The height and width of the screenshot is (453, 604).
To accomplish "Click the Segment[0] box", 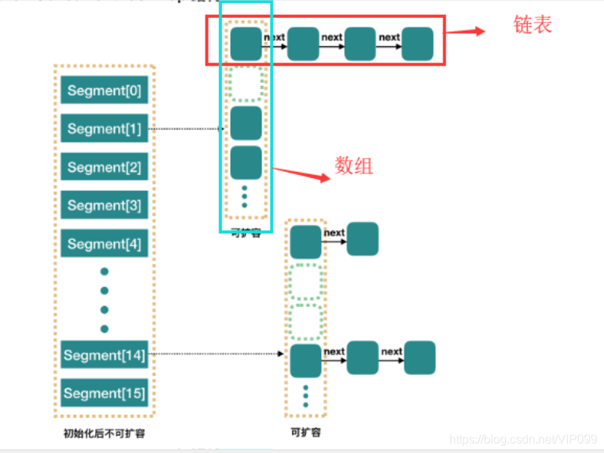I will [104, 90].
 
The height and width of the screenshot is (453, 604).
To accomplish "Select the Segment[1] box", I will [104, 129].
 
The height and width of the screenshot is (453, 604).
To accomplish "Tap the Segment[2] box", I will [104, 167].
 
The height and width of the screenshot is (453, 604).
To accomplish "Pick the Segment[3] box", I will [104, 206].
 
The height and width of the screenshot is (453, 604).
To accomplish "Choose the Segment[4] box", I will [104, 244].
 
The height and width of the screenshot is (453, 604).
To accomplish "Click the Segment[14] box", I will [104, 355].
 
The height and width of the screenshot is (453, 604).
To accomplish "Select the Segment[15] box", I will [104, 393].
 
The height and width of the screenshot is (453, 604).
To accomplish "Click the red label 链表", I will [532, 25].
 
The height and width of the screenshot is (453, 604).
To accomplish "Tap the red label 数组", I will [354, 166].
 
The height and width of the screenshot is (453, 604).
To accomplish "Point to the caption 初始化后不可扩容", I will [104, 433].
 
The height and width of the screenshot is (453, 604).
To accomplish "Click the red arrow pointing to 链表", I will [468, 32].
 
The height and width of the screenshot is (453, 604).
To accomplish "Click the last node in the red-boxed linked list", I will [416, 43].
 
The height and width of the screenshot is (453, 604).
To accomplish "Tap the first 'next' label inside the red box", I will [274, 37].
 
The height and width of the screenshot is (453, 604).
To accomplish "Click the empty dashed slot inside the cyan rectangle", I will [246, 83].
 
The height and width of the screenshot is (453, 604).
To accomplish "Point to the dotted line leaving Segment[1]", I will [187, 129].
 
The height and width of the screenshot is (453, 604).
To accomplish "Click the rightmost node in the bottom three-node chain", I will [419, 358].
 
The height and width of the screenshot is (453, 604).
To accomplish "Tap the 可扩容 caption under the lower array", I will [305, 432].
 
